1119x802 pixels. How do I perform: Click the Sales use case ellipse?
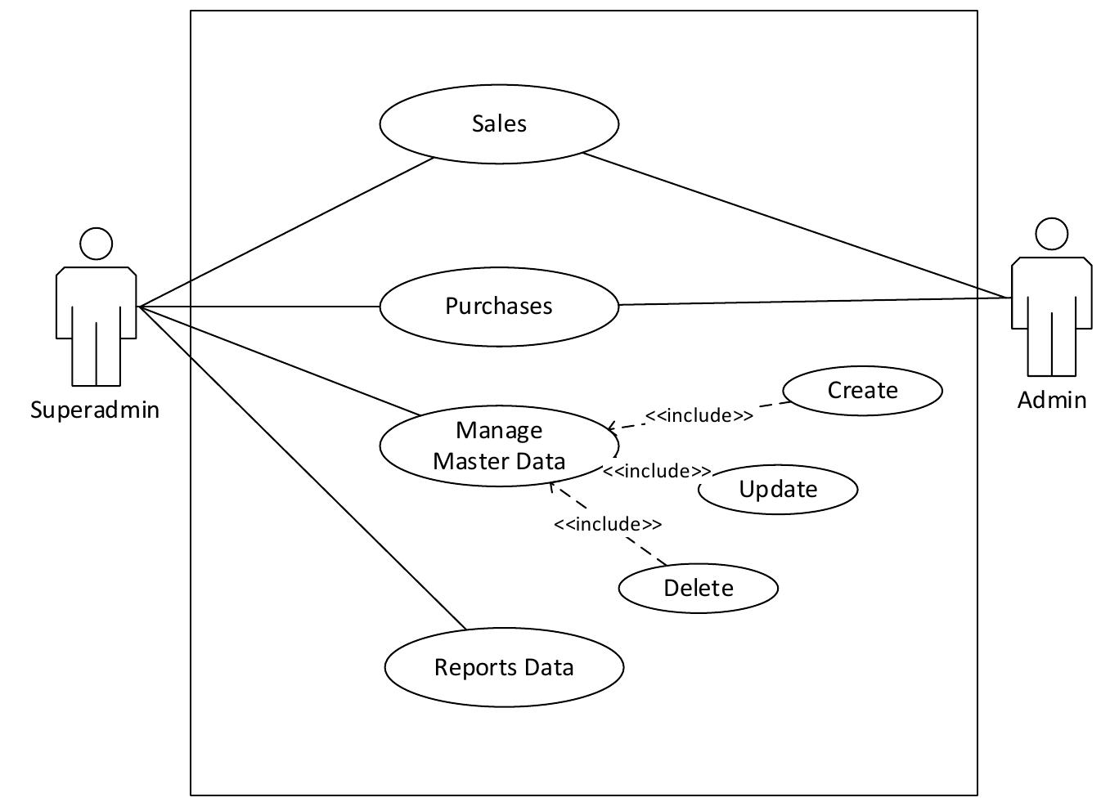click(x=499, y=124)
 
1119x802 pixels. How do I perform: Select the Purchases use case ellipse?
click(x=499, y=307)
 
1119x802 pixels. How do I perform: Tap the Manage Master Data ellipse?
click(x=499, y=446)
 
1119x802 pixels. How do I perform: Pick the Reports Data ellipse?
click(x=504, y=667)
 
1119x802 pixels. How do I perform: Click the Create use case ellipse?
click(x=862, y=391)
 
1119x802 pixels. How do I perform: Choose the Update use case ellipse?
click(x=778, y=490)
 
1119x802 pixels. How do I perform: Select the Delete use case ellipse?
click(x=698, y=588)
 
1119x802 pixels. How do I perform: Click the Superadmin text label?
click(x=95, y=410)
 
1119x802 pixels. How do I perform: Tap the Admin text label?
click(x=1051, y=400)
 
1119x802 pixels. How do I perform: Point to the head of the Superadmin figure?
click(x=96, y=244)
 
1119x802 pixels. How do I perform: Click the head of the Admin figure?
click(x=1051, y=234)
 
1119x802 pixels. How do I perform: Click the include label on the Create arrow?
click(x=699, y=415)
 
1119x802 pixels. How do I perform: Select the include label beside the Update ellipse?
click(x=657, y=471)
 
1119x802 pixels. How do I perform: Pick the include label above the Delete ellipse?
click(x=608, y=524)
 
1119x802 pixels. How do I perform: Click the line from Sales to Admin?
click(x=793, y=225)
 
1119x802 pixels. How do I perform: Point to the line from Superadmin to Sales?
click(x=286, y=232)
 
